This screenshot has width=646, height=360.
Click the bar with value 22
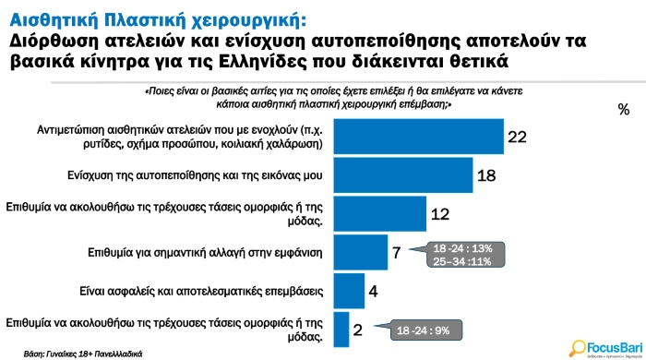(x=417, y=136)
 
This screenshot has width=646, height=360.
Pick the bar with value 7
(x=360, y=251)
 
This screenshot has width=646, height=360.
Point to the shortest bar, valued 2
(x=341, y=328)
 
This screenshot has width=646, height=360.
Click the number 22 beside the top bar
(x=517, y=137)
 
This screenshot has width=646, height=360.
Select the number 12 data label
(x=440, y=213)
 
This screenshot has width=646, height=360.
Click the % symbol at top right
(x=624, y=109)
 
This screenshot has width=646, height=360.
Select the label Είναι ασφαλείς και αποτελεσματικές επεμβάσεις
(x=164, y=290)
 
